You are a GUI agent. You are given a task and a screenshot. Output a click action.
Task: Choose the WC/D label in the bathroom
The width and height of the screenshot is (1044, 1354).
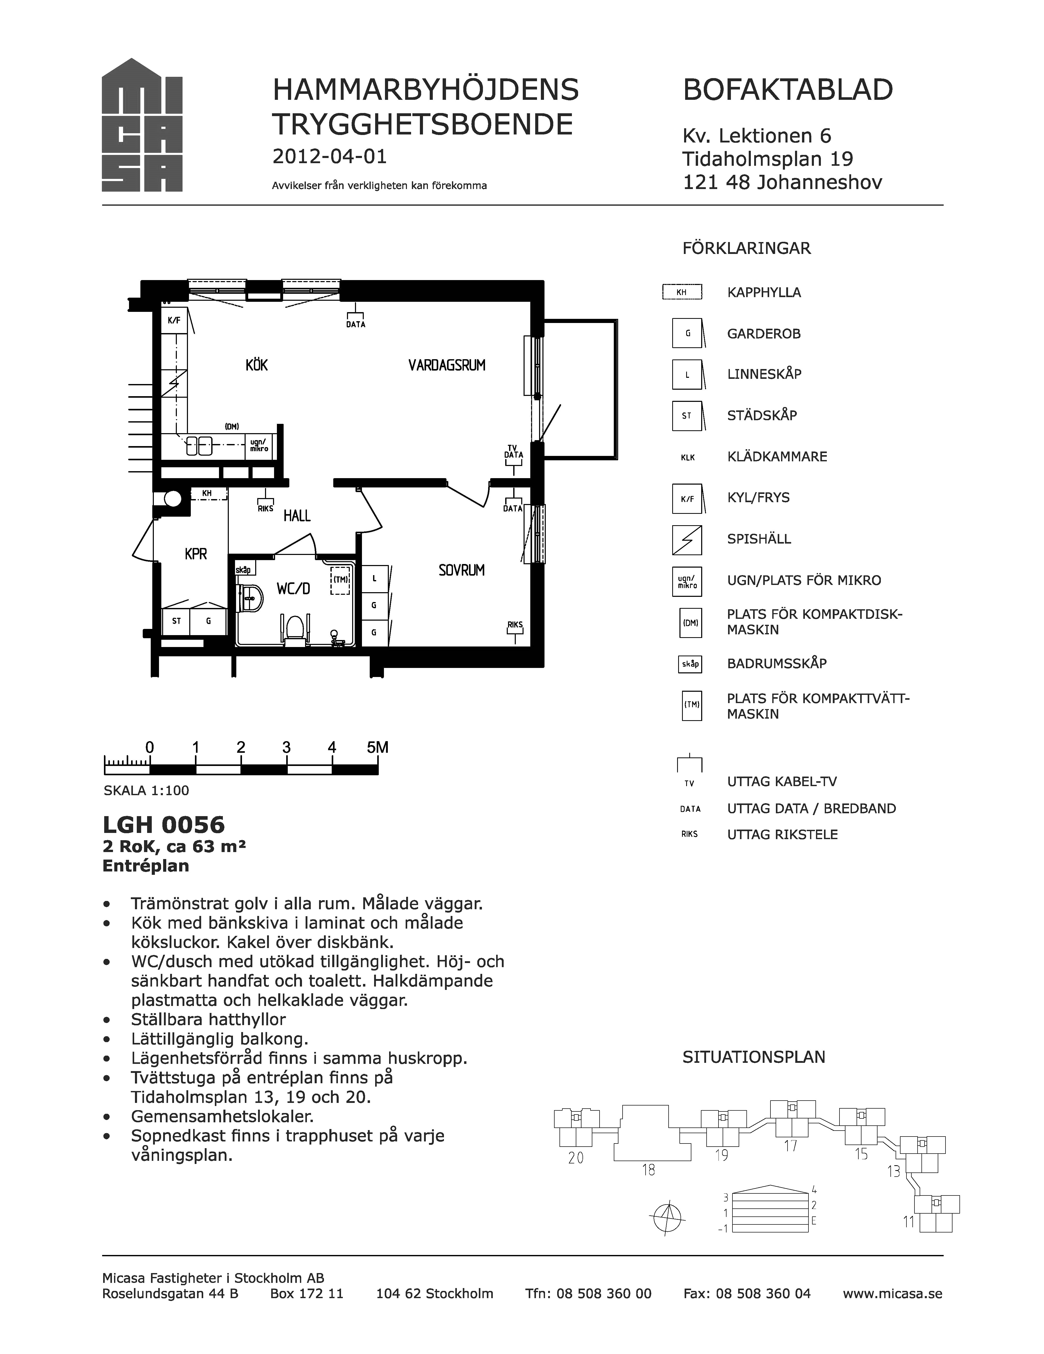[x=293, y=588]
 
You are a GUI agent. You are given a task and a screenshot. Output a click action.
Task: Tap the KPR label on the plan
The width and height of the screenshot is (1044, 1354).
[x=196, y=554]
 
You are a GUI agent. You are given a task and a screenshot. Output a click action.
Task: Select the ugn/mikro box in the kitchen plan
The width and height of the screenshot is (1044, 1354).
[x=259, y=446]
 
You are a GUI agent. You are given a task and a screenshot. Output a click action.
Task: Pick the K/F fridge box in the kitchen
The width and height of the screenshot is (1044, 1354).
[x=174, y=320]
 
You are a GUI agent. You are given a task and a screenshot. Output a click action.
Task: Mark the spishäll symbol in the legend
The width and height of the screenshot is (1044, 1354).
[x=687, y=539]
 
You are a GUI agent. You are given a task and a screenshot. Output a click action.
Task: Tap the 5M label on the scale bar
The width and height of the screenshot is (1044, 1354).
[x=377, y=747]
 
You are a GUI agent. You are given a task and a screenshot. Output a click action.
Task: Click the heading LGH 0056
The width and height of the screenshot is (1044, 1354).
[x=164, y=825]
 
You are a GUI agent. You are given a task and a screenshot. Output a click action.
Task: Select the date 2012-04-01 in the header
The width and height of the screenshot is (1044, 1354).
[x=330, y=156]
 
